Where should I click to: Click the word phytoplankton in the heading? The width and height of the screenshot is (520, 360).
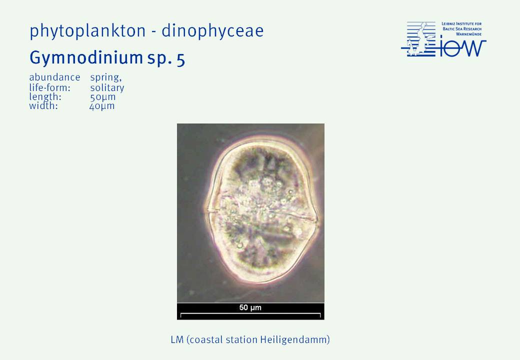(87, 31)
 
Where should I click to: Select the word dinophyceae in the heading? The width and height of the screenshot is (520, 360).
(212, 31)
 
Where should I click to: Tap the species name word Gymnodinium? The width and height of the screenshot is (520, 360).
(86, 58)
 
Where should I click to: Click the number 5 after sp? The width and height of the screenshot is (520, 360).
(181, 59)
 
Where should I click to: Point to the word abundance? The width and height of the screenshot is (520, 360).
(54, 77)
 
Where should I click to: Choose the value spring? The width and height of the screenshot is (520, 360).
(106, 78)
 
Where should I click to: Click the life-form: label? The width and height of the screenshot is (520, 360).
(49, 88)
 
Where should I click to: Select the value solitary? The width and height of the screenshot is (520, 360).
(107, 88)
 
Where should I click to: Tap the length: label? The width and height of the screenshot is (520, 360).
(45, 97)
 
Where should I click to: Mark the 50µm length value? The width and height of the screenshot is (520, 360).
(103, 97)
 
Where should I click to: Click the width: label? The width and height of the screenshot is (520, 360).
(43, 106)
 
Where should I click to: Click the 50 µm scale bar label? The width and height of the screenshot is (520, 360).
(250, 307)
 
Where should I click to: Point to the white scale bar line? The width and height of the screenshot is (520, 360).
(250, 313)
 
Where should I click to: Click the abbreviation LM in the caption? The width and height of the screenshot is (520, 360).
(177, 340)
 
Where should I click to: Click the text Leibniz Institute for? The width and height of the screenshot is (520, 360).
(461, 24)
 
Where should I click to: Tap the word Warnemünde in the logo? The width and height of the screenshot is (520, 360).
(468, 34)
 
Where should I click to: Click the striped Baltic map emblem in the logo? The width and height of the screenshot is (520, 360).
(418, 39)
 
